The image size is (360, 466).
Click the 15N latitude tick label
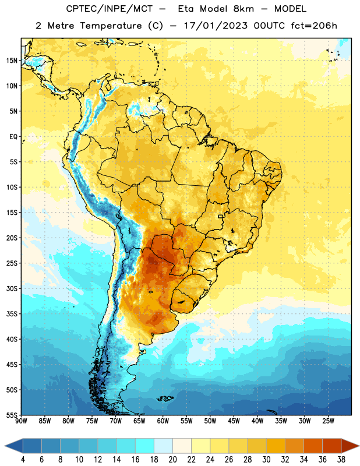(x=12, y=61)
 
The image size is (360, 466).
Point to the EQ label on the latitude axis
(x=13, y=137)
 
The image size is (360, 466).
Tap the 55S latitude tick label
(x=12, y=415)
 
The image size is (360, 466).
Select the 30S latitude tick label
(x=12, y=288)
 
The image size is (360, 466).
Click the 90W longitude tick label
(x=21, y=421)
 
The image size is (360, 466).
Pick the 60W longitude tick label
(x=163, y=421)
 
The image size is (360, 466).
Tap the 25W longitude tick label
(x=328, y=421)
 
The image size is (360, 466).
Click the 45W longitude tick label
(x=234, y=421)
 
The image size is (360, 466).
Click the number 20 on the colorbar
(x=172, y=460)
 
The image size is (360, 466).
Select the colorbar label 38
(x=341, y=460)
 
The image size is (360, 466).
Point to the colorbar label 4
(x=23, y=460)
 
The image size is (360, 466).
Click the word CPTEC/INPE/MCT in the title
(x=109, y=9)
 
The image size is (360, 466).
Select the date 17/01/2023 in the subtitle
(x=216, y=26)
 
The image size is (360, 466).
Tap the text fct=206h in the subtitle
(x=314, y=26)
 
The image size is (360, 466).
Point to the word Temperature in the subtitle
(x=111, y=26)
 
